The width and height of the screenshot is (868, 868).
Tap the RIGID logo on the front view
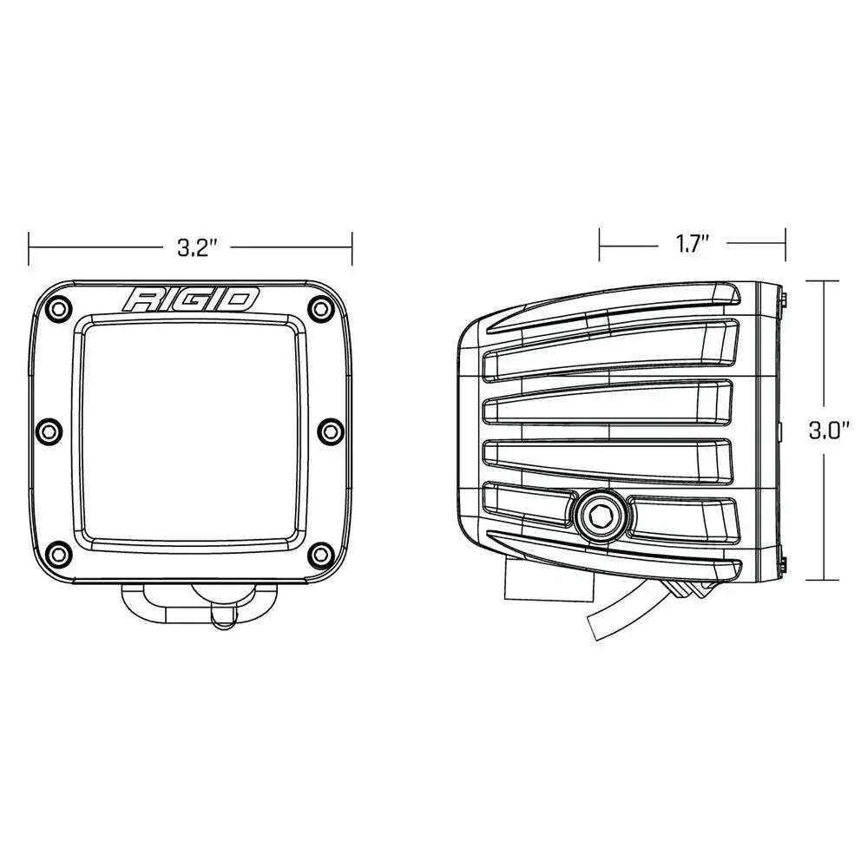pos(192,299)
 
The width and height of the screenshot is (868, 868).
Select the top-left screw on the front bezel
pos(57,306)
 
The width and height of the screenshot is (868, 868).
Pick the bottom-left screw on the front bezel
pos(57,553)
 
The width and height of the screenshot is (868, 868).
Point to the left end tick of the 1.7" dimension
pos(599,245)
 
